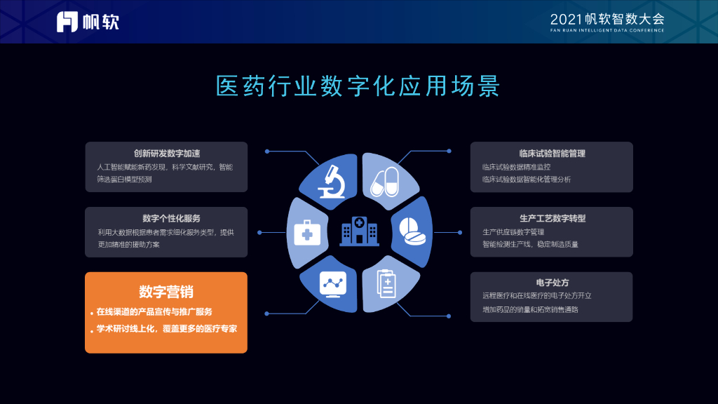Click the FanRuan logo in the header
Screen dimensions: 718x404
click(x=88, y=21)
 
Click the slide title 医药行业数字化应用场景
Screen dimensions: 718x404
click(x=358, y=86)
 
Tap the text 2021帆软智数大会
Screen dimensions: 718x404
click(x=607, y=18)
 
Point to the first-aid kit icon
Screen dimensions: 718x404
click(x=307, y=231)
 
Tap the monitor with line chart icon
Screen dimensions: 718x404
click(x=334, y=284)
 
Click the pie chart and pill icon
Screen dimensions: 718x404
click(x=412, y=233)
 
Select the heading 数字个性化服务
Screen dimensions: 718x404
click(x=166, y=218)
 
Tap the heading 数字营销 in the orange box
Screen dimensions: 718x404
click(x=166, y=292)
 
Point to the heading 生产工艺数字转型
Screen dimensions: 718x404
click(x=552, y=218)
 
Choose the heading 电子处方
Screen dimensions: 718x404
click(x=552, y=283)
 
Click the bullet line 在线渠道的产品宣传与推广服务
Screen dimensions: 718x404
click(x=154, y=311)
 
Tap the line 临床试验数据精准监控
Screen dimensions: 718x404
click(x=516, y=167)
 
